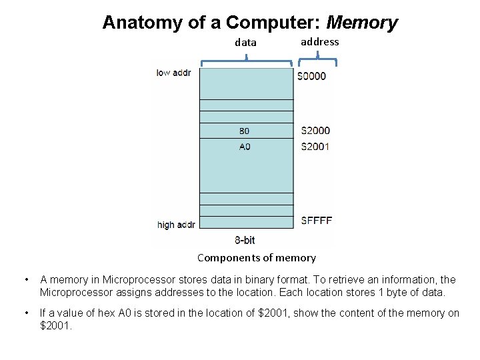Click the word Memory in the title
click(x=363, y=23)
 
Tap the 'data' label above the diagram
click(x=246, y=43)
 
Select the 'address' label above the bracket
click(x=319, y=41)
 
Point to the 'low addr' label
click(x=173, y=73)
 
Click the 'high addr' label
click(x=176, y=225)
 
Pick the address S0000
click(x=311, y=76)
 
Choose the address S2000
click(x=315, y=131)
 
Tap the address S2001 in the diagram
click(x=315, y=146)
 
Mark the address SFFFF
click(x=317, y=221)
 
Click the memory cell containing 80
click(x=245, y=131)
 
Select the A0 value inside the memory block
click(x=245, y=146)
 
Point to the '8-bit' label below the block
click(x=245, y=240)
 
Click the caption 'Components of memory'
click(x=257, y=258)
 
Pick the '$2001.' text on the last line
click(x=56, y=325)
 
